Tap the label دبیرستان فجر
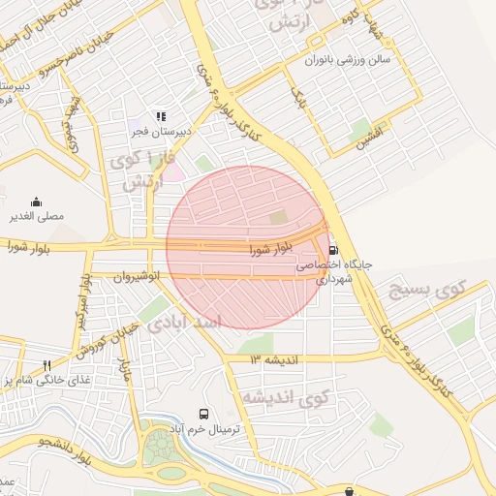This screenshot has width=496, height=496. (x=164, y=130)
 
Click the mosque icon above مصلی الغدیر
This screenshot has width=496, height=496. (x=37, y=201)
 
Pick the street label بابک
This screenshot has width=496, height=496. (x=298, y=97)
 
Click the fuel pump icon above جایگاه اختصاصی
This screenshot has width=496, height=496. (x=334, y=249)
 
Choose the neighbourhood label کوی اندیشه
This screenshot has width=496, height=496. (x=286, y=397)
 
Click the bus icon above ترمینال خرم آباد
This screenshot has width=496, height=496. (x=203, y=414)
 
